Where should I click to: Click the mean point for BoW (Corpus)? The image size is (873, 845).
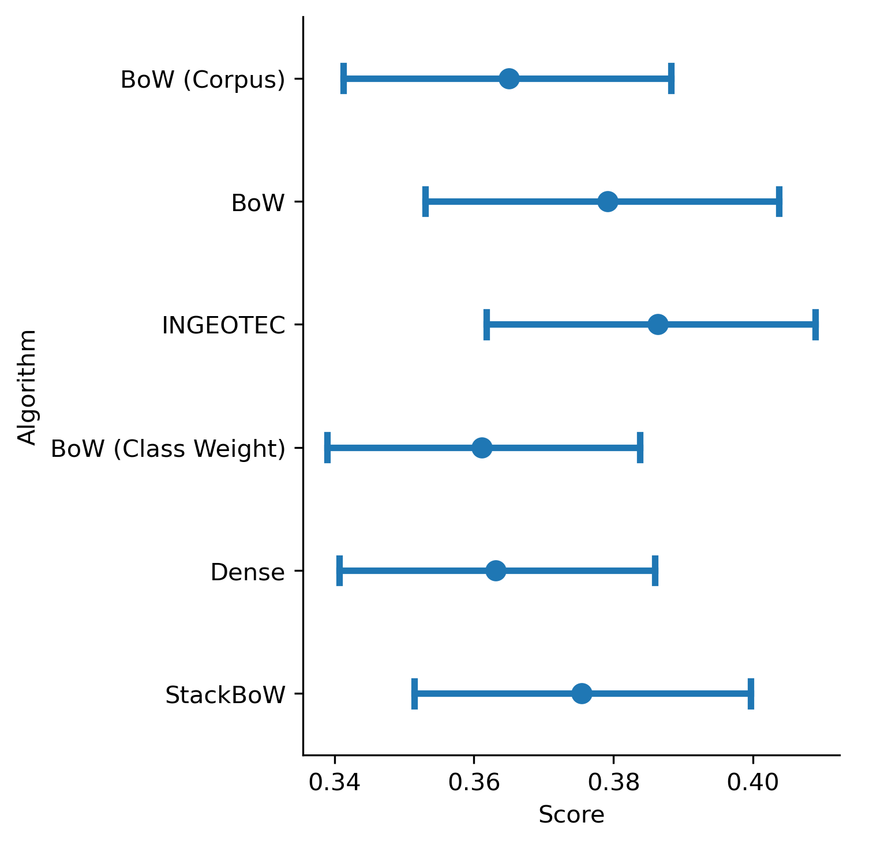(x=509, y=78)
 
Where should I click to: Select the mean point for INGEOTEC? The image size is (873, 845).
(x=658, y=324)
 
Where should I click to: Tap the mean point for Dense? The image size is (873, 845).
(x=496, y=570)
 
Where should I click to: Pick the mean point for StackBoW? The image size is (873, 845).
(x=582, y=693)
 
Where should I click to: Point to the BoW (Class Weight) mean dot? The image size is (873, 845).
(x=482, y=448)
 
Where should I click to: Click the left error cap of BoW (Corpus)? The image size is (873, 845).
(x=344, y=78)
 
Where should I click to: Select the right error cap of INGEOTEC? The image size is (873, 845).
(x=815, y=324)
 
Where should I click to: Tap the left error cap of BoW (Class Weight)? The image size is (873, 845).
(x=327, y=448)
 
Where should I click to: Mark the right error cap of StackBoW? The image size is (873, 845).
(x=751, y=693)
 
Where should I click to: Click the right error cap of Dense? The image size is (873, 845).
(x=655, y=570)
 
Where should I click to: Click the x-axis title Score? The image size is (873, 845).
(x=571, y=815)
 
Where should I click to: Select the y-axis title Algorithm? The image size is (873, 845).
(x=27, y=387)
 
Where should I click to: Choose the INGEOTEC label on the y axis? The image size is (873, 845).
(x=224, y=325)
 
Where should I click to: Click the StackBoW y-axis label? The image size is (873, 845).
(x=225, y=695)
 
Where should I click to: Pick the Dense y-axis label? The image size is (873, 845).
(x=248, y=572)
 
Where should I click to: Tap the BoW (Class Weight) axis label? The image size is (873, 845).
(x=168, y=449)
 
